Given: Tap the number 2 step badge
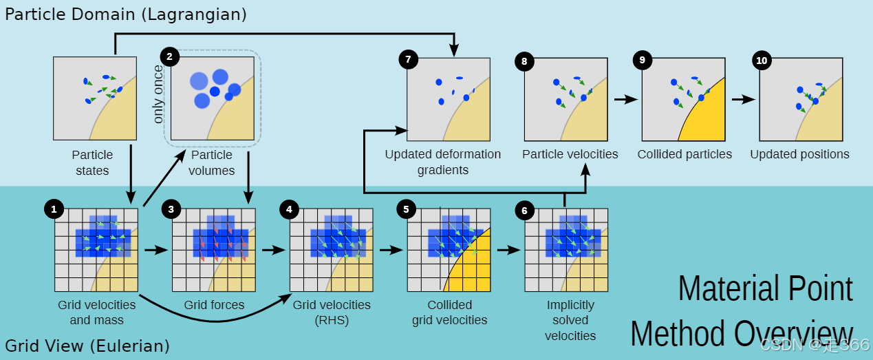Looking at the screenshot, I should (x=169, y=56).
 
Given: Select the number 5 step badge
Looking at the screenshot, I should (x=407, y=208).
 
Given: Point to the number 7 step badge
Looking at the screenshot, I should (x=408, y=59).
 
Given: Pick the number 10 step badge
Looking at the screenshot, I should (x=762, y=60).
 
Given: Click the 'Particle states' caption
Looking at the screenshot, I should (x=92, y=162).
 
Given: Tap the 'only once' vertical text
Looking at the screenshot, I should (x=159, y=94).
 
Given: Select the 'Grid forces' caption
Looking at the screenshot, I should (x=214, y=305).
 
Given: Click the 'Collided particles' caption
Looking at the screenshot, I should (x=685, y=154).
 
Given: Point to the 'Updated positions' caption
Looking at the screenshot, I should (x=799, y=154).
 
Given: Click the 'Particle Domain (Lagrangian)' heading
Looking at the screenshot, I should (x=126, y=13).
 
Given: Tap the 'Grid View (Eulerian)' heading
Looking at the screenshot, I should (x=87, y=346).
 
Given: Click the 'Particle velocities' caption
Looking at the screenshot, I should (x=570, y=154).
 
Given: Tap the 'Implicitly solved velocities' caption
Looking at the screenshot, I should (x=570, y=320).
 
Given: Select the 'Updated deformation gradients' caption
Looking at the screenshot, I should (x=443, y=162).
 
